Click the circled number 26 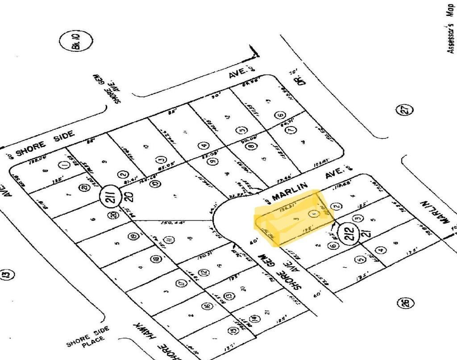[405, 303]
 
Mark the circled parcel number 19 [132, 236]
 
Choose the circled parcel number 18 [155, 259]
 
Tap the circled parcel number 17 [181, 283]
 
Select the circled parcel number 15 [233, 331]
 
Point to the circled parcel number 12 [204, 272]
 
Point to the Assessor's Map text [451, 29]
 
